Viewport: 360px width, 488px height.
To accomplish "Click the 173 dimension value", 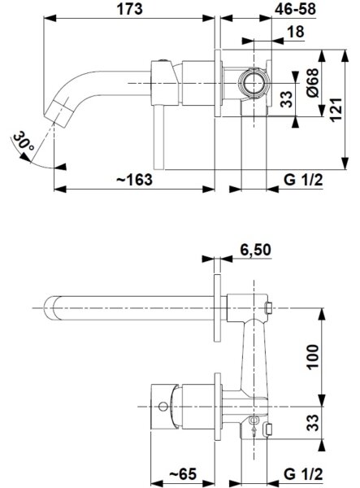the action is tap(129, 9).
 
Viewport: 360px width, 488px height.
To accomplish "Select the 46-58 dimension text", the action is tap(295, 9).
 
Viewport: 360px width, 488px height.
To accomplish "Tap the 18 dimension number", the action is tap(295, 32).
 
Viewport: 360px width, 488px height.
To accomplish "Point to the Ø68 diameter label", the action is tap(312, 82).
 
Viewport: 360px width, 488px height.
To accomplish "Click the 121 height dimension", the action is tap(336, 110).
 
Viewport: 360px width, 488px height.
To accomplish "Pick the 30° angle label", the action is tap(24, 141).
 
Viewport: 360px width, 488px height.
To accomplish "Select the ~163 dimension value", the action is tap(134, 180).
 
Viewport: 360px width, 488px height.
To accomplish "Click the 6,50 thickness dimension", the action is tap(255, 250).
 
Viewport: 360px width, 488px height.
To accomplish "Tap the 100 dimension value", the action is tap(313, 357).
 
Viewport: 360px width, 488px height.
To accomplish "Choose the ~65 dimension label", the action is tap(183, 473).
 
